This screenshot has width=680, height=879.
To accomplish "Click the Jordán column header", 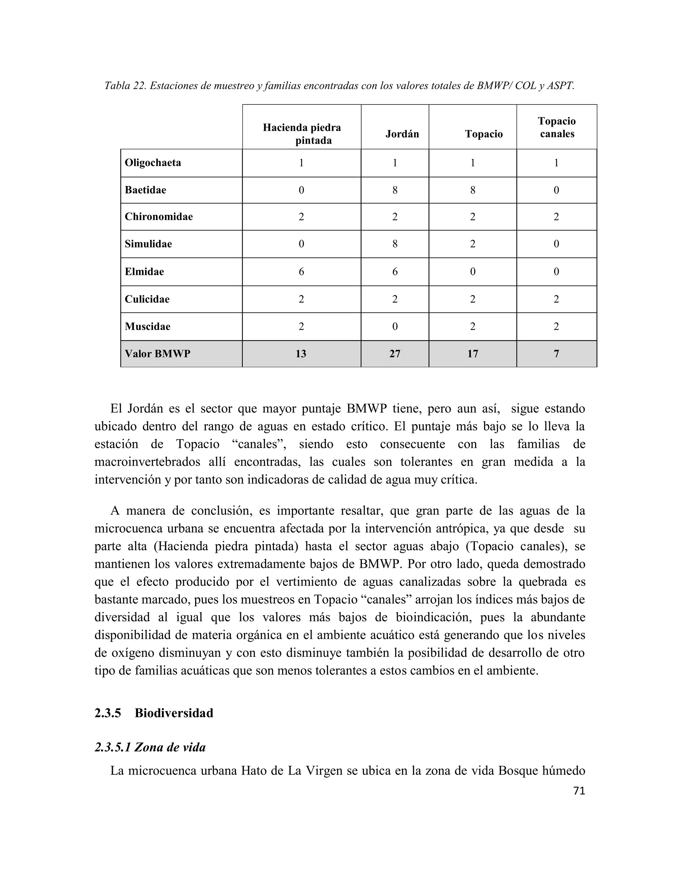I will pyautogui.click(x=402, y=134).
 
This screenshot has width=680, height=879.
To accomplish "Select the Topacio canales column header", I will pyautogui.click(x=557, y=128).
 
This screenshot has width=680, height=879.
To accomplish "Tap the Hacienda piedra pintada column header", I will pyautogui.click(x=302, y=134).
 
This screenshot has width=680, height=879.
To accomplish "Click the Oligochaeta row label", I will pyautogui.click(x=153, y=163).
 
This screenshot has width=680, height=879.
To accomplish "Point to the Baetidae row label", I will pyautogui.click(x=145, y=190).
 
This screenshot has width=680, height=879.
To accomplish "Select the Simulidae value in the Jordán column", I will pyautogui.click(x=395, y=244).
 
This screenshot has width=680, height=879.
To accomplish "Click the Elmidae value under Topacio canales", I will pyautogui.click(x=556, y=272).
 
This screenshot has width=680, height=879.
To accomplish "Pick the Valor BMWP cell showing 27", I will pyautogui.click(x=395, y=354).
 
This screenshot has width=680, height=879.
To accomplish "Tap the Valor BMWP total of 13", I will pyautogui.click(x=301, y=354).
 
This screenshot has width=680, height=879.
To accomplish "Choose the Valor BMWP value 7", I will pyautogui.click(x=556, y=354).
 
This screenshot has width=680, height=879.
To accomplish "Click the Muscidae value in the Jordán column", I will pyautogui.click(x=395, y=326).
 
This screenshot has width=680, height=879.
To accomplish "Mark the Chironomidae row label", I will pyautogui.click(x=158, y=217).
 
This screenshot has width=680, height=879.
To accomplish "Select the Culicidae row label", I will pyautogui.click(x=147, y=299).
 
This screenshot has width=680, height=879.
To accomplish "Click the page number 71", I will pyautogui.click(x=579, y=791).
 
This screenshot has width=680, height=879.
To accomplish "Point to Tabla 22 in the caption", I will pyautogui.click(x=125, y=86).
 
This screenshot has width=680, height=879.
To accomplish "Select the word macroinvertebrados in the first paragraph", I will pyautogui.click(x=147, y=462).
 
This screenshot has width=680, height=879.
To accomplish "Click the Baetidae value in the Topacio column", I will pyautogui.click(x=472, y=190).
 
